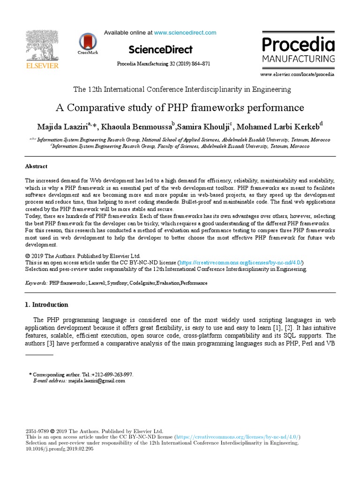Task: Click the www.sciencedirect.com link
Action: [185, 33]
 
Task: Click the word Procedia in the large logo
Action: [298, 45]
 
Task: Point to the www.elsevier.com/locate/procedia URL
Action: [297, 75]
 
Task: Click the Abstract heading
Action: [36, 166]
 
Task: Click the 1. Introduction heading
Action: [46, 305]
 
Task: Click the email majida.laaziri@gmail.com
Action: [97, 381]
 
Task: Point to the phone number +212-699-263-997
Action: [110, 375]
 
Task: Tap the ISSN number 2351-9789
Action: [37, 431]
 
